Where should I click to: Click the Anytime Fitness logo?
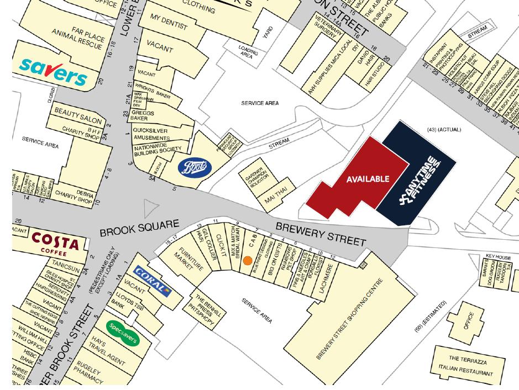[x=420, y=177]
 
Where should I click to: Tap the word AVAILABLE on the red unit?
[x=368, y=179]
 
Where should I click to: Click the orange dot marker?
[x=248, y=260]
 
